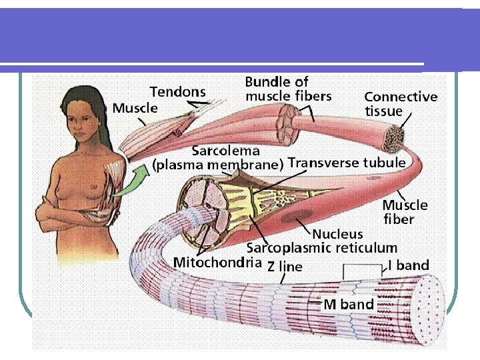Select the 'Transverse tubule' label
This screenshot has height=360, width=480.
[347, 163]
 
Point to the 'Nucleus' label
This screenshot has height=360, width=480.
[338, 233]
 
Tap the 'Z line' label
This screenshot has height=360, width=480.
[284, 267]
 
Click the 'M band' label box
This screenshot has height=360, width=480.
[349, 305]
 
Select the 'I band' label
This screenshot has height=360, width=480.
[408, 265]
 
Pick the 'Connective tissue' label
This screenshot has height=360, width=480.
[400, 103]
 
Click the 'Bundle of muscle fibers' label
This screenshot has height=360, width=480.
[288, 89]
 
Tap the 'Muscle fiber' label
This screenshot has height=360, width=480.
[405, 211]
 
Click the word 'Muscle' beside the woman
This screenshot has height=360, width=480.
[135, 107]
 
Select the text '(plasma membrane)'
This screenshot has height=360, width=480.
[219, 164]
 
